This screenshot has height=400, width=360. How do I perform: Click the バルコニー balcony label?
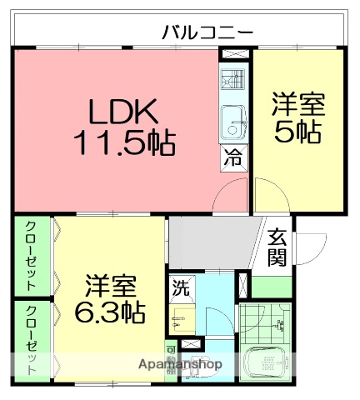207,33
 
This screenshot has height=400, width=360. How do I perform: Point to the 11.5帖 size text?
124,143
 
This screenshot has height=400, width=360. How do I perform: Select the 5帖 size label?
297,132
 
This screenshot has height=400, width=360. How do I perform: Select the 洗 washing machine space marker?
181,289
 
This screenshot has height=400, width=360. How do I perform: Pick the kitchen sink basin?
234,123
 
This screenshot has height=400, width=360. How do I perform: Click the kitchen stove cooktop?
234,83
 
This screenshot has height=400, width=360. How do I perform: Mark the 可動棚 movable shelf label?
171,361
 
